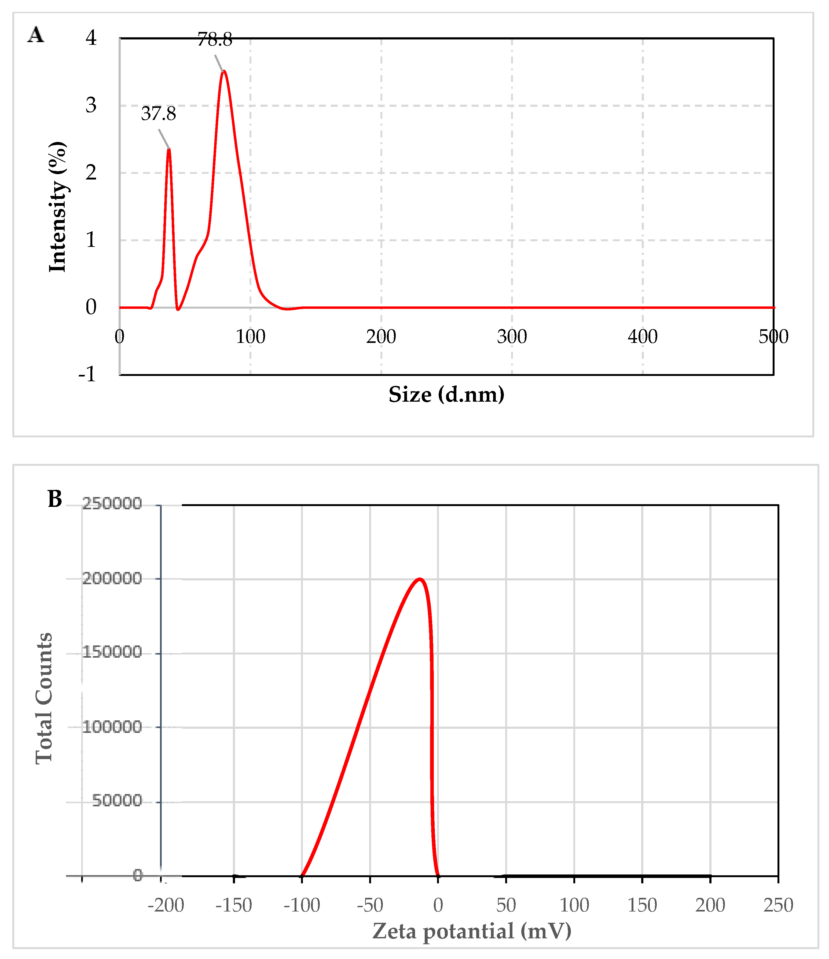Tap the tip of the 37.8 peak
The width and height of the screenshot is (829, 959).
(x=169, y=149)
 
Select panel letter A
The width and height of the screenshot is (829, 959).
(x=36, y=35)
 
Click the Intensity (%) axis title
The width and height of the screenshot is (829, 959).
(x=58, y=207)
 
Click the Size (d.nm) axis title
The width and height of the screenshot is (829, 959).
(x=446, y=395)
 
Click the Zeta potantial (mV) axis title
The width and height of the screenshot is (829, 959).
(x=472, y=931)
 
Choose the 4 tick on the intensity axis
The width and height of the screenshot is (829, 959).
(x=91, y=38)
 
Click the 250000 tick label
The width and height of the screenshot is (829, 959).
(x=112, y=504)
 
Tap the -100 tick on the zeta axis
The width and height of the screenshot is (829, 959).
(x=302, y=905)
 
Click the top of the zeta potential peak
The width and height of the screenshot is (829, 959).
(x=419, y=579)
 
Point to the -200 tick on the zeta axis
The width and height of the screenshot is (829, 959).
(x=166, y=905)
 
